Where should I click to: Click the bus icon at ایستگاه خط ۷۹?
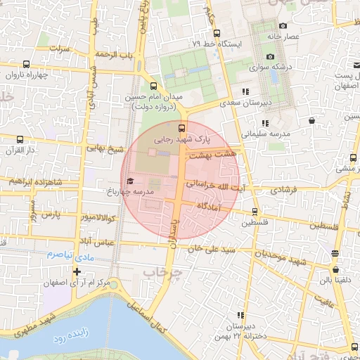tap(216, 33)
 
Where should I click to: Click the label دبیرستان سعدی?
tap(257, 103)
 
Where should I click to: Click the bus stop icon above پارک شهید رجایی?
tap(182, 128)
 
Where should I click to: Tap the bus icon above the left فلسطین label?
tap(255, 211)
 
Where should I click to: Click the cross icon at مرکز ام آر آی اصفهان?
tap(77, 271)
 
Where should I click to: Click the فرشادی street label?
tap(284, 190)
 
